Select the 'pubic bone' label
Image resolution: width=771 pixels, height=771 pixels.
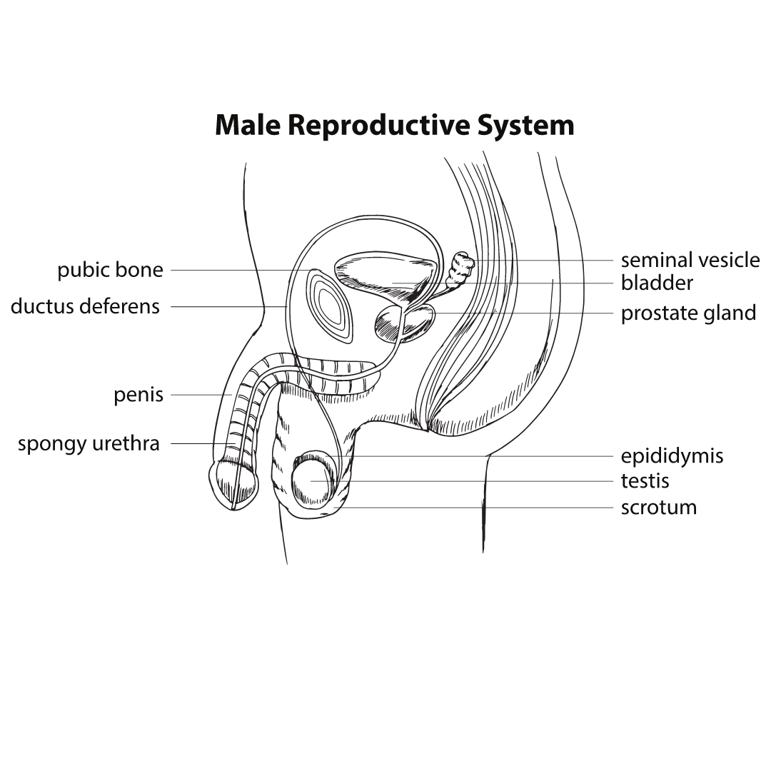110,271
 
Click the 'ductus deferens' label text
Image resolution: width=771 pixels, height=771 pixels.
85,307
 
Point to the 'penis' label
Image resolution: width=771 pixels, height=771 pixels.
138,395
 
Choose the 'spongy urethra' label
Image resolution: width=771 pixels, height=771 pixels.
89,444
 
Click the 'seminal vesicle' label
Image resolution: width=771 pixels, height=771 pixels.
690,260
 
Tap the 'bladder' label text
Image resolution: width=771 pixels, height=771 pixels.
657,283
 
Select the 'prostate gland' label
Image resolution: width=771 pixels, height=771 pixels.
688,313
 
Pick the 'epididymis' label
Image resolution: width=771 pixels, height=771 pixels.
672,456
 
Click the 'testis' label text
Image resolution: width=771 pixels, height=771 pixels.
645,481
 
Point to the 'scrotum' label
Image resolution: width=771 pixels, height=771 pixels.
658,508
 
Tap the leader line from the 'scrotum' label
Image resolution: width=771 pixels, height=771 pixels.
500,508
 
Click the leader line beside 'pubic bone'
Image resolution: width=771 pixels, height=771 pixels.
228,271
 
